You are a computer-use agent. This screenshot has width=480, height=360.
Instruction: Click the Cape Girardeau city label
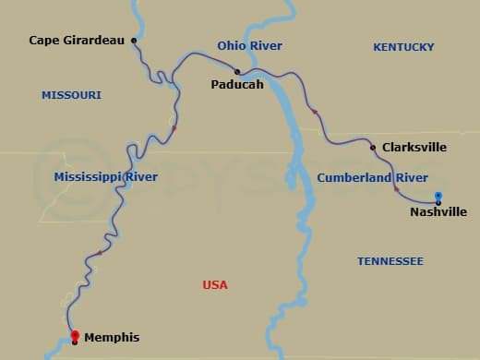[x=77, y=41]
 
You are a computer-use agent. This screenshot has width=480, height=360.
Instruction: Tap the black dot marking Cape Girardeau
[x=135, y=41]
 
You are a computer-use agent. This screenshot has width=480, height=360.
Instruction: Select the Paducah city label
[x=236, y=85]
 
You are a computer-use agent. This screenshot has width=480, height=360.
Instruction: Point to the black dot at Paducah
[x=237, y=71]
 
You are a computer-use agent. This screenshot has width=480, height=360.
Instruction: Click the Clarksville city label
[x=414, y=147]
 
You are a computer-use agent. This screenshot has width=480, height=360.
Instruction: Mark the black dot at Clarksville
[x=372, y=147]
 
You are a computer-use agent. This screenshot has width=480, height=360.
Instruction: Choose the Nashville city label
[x=438, y=212]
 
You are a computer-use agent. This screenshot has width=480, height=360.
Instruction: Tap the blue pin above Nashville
[x=438, y=196]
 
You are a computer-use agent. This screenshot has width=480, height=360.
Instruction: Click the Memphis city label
[x=112, y=338]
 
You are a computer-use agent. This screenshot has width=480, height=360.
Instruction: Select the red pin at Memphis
[x=75, y=335]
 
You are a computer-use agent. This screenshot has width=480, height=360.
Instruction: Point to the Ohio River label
[x=249, y=45]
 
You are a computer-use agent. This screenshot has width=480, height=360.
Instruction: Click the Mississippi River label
[x=105, y=176]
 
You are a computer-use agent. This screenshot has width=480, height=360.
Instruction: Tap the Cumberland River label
[x=372, y=177]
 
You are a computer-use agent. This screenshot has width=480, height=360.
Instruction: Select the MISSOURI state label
[x=71, y=95]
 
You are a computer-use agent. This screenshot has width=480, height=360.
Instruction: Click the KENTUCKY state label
[x=403, y=46]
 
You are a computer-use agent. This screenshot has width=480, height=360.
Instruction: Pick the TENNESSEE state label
[x=390, y=261]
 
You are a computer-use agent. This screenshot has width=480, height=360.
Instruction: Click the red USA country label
[x=215, y=285]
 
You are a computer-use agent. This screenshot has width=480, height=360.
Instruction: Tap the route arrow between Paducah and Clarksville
[x=315, y=112]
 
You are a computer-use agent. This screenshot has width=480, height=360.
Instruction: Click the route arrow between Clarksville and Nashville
[x=397, y=189]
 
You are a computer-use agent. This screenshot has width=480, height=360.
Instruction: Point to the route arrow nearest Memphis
[x=100, y=253]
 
